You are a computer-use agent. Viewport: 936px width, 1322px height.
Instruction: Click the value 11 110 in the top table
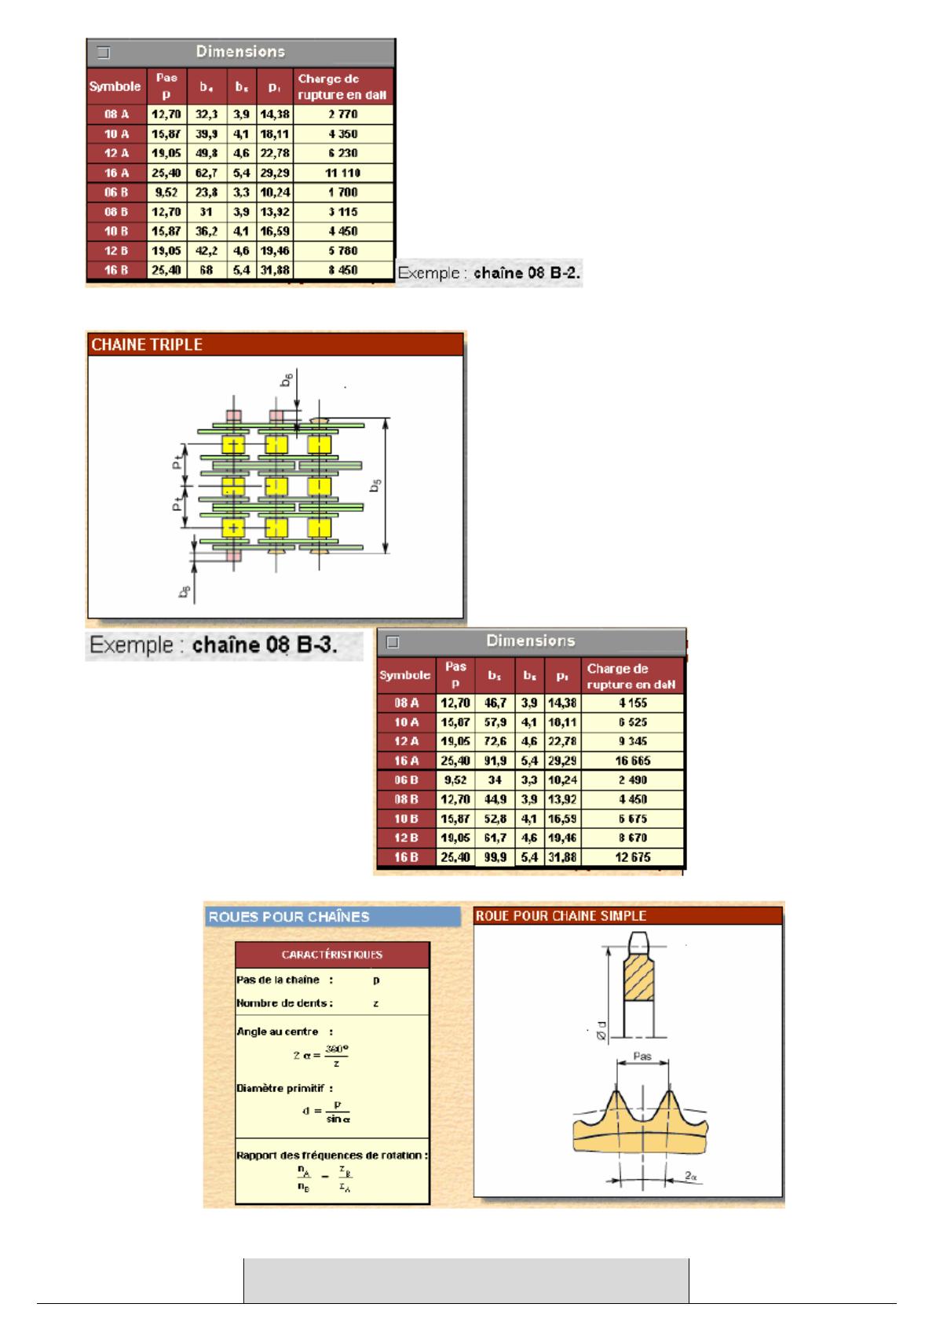(x=342, y=173)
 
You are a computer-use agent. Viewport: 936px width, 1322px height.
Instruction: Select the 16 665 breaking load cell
(x=633, y=761)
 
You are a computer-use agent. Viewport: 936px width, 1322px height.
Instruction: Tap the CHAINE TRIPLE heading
(x=147, y=345)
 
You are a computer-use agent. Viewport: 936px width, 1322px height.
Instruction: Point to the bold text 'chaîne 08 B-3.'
(x=265, y=645)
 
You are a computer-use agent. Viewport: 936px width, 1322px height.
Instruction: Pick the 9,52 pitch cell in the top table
(x=166, y=192)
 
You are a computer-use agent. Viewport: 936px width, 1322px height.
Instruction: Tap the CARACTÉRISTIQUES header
(x=332, y=955)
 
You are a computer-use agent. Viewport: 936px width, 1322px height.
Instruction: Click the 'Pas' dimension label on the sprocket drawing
(x=642, y=1057)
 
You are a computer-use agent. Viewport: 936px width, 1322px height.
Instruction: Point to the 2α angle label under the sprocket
(x=691, y=1177)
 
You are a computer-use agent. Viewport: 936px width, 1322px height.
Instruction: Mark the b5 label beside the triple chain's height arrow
(x=376, y=487)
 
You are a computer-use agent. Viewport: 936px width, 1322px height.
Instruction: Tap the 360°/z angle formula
(x=321, y=1054)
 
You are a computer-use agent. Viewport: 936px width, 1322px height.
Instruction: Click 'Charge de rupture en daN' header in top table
(x=342, y=86)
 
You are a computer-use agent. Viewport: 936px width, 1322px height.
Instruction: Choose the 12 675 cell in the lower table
(x=633, y=857)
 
